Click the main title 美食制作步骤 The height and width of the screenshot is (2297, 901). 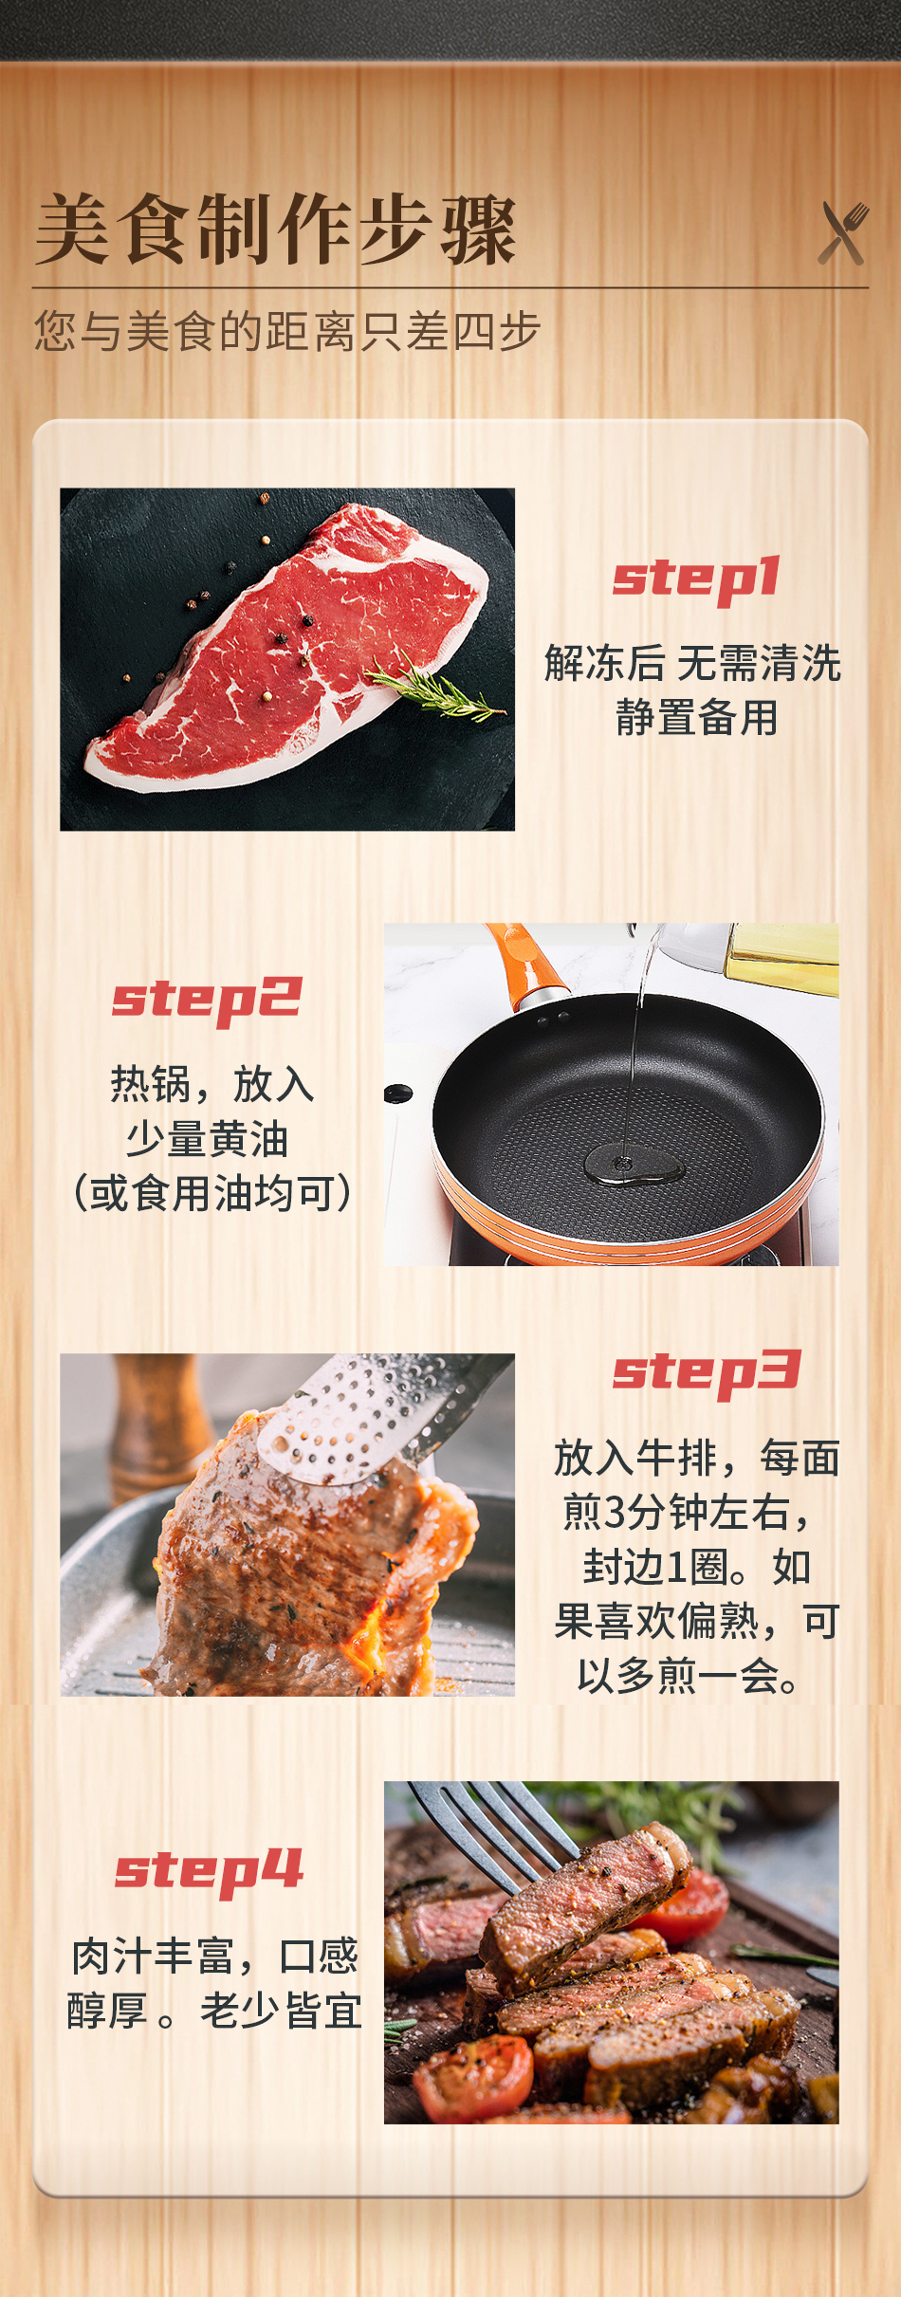275,230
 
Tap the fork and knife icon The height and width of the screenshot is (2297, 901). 843,232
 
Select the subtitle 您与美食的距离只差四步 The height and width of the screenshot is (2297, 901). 287,331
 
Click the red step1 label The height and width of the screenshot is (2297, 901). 696,579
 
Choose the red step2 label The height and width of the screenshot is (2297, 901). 207,1001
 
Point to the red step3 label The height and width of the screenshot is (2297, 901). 707,1373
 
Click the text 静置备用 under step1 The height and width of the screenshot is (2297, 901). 697,717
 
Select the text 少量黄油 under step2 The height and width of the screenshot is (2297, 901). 208,1138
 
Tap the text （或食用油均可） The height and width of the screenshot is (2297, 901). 212,1193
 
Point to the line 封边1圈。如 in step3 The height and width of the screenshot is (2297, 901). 697,1567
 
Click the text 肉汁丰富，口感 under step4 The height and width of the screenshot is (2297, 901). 215,1956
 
